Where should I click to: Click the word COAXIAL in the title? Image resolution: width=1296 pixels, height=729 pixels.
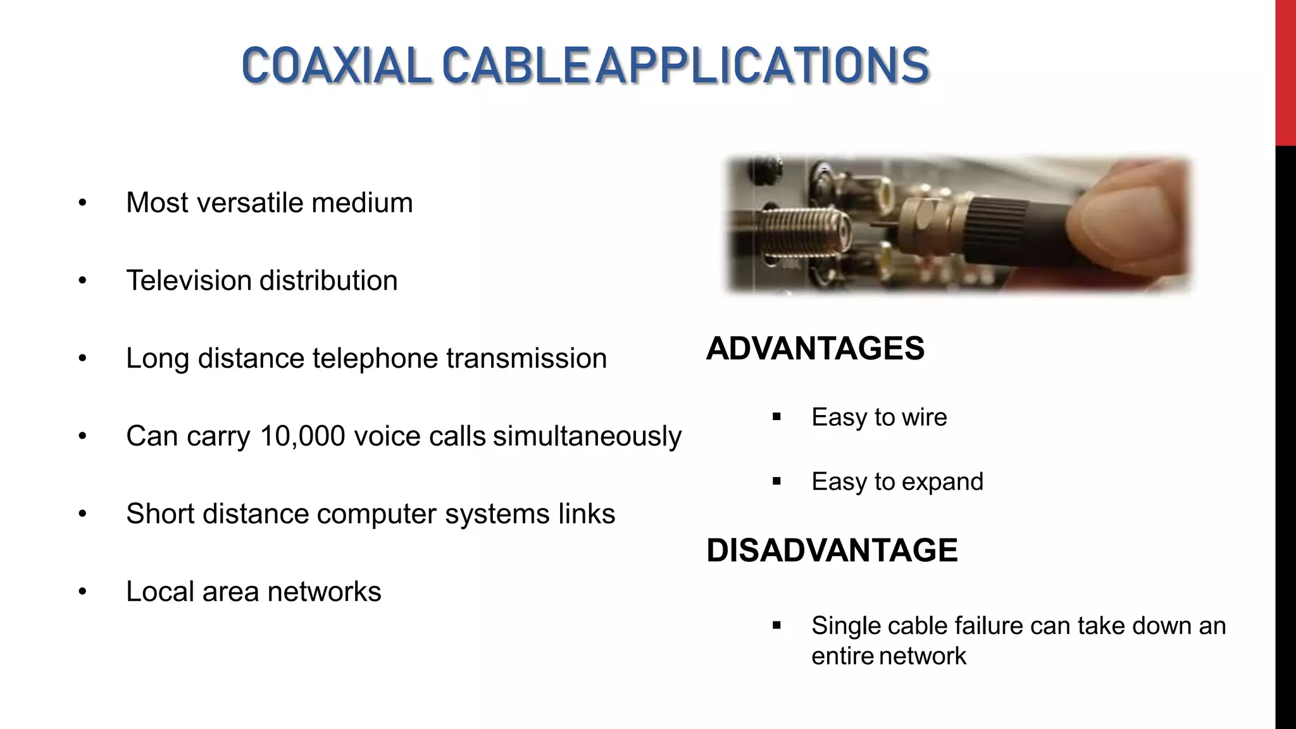336,65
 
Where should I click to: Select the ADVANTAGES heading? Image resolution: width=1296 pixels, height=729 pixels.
815,349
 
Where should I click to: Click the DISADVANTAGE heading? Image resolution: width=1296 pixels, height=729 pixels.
832,550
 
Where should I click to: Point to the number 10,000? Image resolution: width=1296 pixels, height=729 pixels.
302,436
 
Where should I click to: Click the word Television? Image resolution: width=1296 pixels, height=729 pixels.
189,280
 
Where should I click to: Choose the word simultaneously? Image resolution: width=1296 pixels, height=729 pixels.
587,436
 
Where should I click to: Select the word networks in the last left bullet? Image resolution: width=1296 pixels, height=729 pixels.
324,592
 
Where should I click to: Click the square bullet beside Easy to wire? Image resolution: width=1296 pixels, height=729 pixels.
776,418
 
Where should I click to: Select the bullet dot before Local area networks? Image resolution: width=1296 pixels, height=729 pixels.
82,592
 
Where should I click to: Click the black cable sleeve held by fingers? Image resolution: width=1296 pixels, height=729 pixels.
1019,221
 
